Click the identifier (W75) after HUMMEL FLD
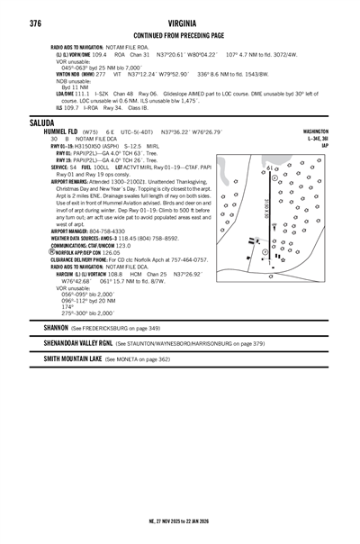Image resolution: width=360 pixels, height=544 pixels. pyautogui.click(x=89, y=131)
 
